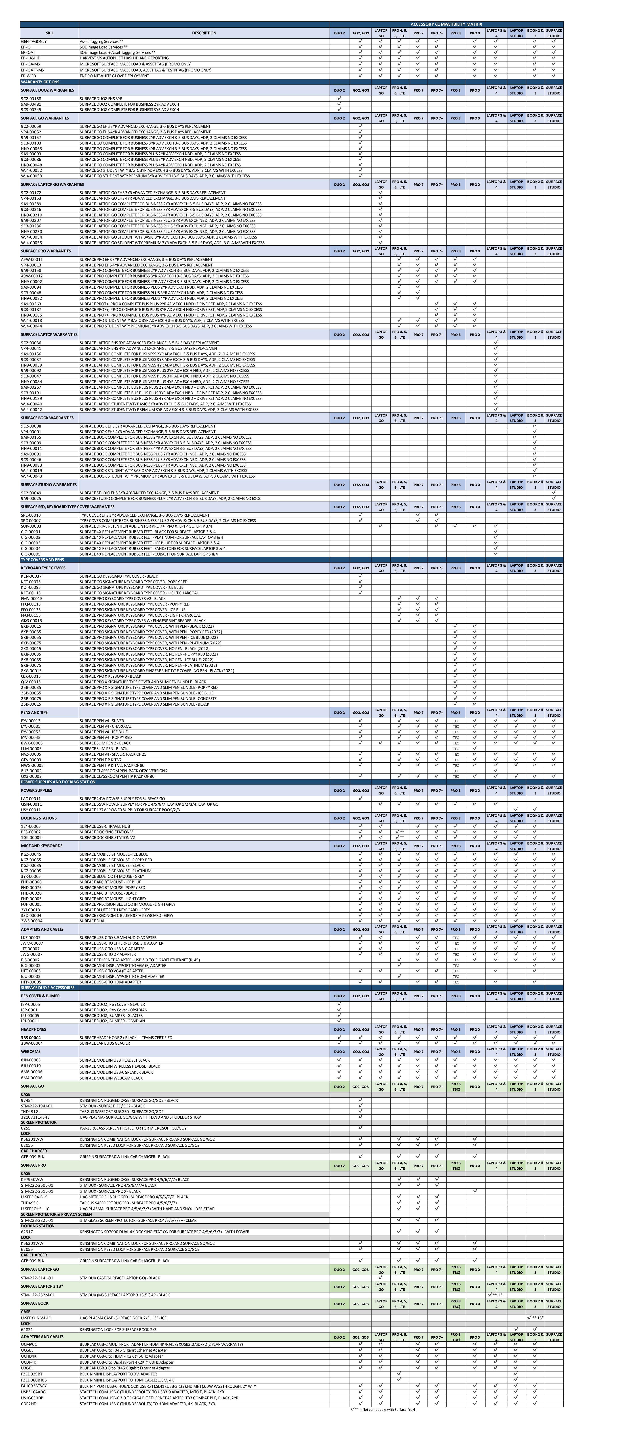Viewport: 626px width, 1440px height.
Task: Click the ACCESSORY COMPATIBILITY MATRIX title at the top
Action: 446,24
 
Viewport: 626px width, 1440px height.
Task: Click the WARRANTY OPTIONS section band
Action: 40,82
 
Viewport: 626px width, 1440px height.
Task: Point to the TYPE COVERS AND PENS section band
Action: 42,560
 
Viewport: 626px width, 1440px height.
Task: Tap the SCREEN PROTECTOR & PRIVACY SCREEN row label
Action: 56,1214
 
